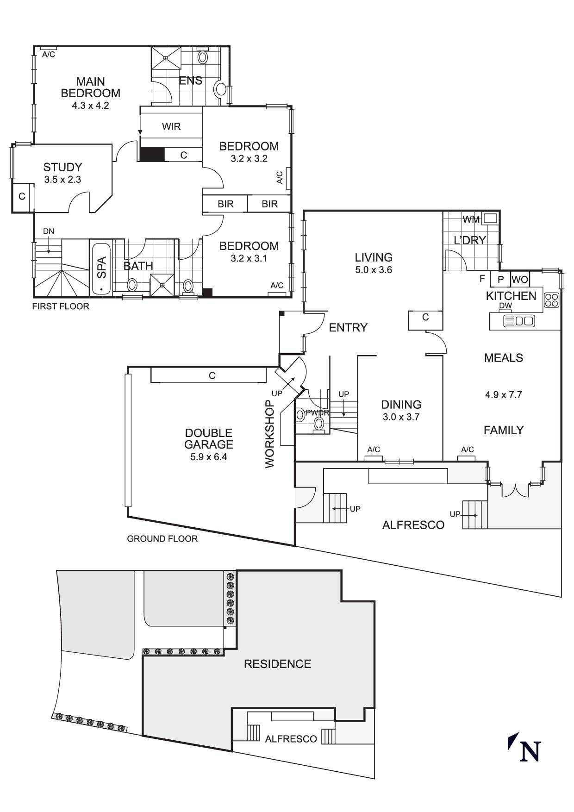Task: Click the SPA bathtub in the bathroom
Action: (x=101, y=268)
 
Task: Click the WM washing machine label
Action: (x=471, y=219)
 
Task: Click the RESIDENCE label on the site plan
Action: (x=277, y=664)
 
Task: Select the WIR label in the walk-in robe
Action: (x=171, y=126)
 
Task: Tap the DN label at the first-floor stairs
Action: (x=48, y=231)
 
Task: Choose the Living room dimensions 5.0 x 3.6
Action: (x=374, y=270)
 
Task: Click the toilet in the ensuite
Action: (x=202, y=57)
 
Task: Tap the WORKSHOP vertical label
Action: (x=270, y=434)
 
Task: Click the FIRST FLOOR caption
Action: (x=61, y=306)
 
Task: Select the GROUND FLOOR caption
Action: (x=162, y=538)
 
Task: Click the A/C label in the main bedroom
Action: (x=49, y=55)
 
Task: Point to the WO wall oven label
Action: (x=520, y=280)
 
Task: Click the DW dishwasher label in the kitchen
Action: (x=505, y=306)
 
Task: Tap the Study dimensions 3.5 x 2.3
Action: (x=62, y=180)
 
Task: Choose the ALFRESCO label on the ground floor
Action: (x=413, y=525)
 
